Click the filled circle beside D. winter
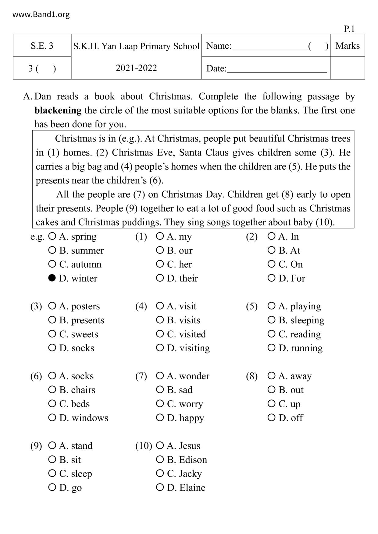point(52,278)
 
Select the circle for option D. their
point(160,278)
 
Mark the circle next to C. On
point(271,264)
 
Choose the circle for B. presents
point(52,320)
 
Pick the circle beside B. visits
point(160,320)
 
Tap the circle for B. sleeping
point(271,320)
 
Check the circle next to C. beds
point(52,404)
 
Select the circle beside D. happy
point(160,418)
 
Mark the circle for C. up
point(271,404)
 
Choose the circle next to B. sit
point(52,459)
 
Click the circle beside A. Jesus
point(160,446)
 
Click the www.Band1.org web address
point(41,14)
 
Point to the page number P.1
point(349,29)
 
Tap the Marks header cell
point(348,46)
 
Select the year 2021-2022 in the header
point(136,68)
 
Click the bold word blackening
point(58,110)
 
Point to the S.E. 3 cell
point(42,46)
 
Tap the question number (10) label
point(144,446)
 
